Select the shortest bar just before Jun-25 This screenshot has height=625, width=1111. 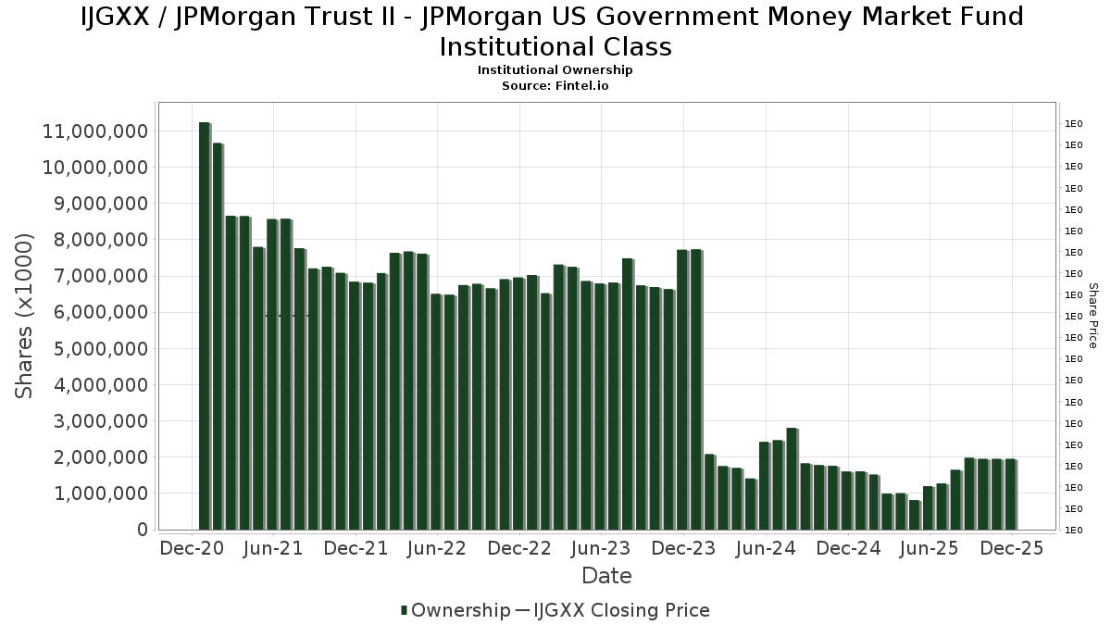[x=914, y=515]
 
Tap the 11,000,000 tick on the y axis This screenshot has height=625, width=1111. [x=95, y=131]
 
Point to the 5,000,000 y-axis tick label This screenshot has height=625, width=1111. [x=95, y=349]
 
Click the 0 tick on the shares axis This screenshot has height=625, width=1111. [x=142, y=530]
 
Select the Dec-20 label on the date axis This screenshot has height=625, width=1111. [x=192, y=548]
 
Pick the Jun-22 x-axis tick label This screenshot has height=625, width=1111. [x=436, y=548]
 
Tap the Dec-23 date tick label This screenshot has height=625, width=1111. [x=683, y=548]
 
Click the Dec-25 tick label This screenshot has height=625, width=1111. [x=1012, y=548]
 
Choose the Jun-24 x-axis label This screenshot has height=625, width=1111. [x=766, y=548]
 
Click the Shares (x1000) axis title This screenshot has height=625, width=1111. [x=25, y=317]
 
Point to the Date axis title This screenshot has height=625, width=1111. [x=606, y=576]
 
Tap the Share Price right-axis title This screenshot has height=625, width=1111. [x=1092, y=316]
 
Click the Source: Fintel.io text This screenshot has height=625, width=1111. [x=555, y=85]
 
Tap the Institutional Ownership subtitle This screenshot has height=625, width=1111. [x=555, y=70]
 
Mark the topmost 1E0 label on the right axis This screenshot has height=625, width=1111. [x=1073, y=124]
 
